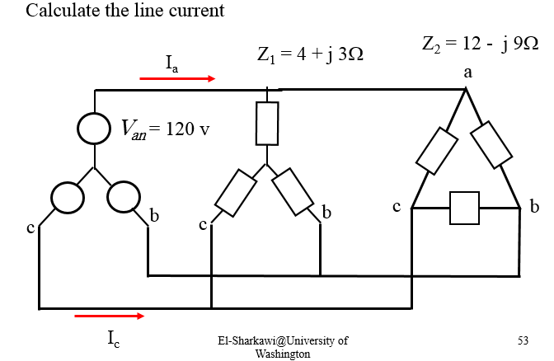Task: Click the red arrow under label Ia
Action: pos(177,79)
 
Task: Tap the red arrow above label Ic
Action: pos(109,315)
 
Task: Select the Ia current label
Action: pos(171,63)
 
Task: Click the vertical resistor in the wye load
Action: pos(267,123)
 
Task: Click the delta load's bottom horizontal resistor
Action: pos(464,209)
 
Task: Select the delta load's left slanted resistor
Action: pos(438,149)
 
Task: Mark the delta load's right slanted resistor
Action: pos(493,146)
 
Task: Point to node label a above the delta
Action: pos(468,73)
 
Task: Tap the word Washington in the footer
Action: pos(283,353)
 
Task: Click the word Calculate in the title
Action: pos(59,12)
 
